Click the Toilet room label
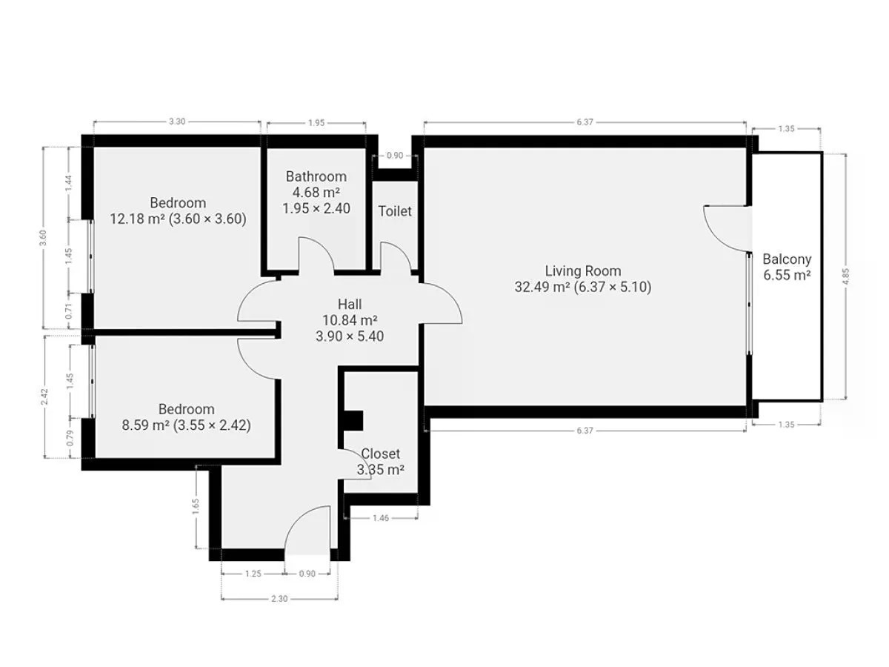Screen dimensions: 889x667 [394, 211]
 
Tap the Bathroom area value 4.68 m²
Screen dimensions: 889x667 [316, 193]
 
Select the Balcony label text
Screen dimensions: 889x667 [787, 259]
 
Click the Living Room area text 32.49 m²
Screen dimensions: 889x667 [541, 287]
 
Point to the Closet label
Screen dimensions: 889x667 [380, 454]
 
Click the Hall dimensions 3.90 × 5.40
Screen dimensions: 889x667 [350, 336]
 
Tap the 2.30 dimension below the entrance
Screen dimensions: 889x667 [279, 598]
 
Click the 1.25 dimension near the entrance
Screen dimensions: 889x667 [253, 574]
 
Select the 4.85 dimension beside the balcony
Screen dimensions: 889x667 [845, 276]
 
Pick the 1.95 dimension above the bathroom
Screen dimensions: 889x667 [316, 123]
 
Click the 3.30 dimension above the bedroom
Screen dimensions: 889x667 [177, 122]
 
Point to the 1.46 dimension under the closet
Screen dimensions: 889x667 [381, 518]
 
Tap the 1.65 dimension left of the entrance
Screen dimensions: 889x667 [196, 506]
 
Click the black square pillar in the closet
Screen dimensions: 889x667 [353, 421]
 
